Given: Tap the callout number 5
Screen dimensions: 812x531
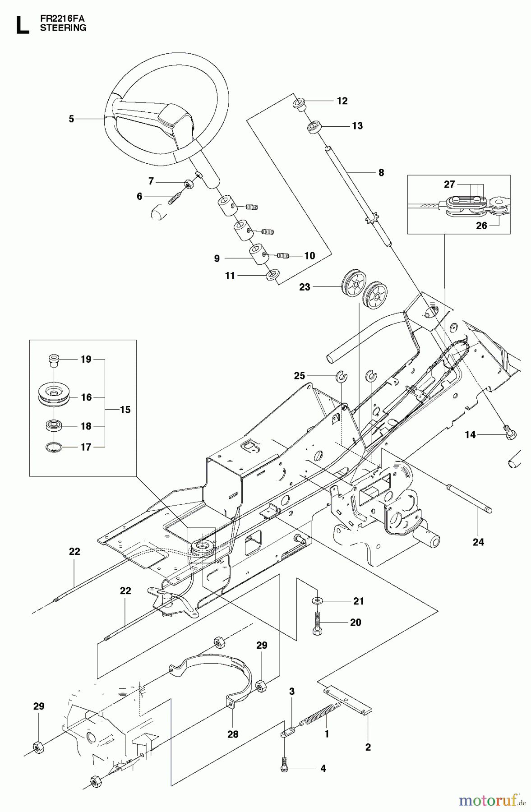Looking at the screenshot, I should coord(71,119).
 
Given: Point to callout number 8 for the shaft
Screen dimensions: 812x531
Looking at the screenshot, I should coord(381,172).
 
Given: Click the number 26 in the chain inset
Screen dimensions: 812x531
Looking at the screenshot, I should coord(481,225).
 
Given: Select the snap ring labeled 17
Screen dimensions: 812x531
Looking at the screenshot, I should coord(54,447).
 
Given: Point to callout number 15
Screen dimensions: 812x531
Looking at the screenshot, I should coord(125,410).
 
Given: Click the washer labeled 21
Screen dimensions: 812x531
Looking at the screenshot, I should coord(317,600).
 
